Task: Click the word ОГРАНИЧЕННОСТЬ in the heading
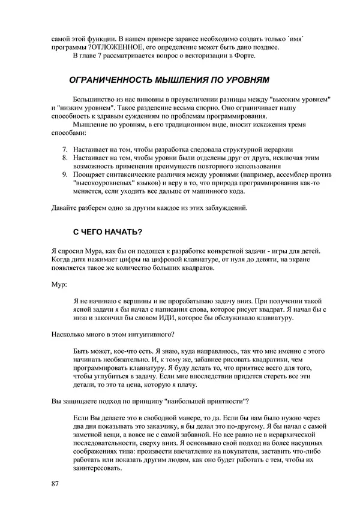pos(114,79)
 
